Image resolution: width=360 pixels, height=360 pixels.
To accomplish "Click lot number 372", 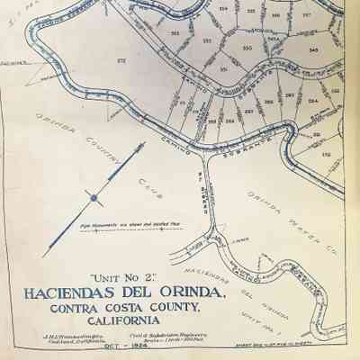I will pyautogui.click(x=121, y=59).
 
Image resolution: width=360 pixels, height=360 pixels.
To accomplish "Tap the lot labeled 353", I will pyautogui.click(x=206, y=41).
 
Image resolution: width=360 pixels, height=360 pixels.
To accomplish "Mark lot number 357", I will pyautogui.click(x=306, y=15).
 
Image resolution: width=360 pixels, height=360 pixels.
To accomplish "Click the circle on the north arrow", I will pyautogui.click(x=93, y=195).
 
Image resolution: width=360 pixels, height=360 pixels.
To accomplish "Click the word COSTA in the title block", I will pyautogui.click(x=124, y=310).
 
